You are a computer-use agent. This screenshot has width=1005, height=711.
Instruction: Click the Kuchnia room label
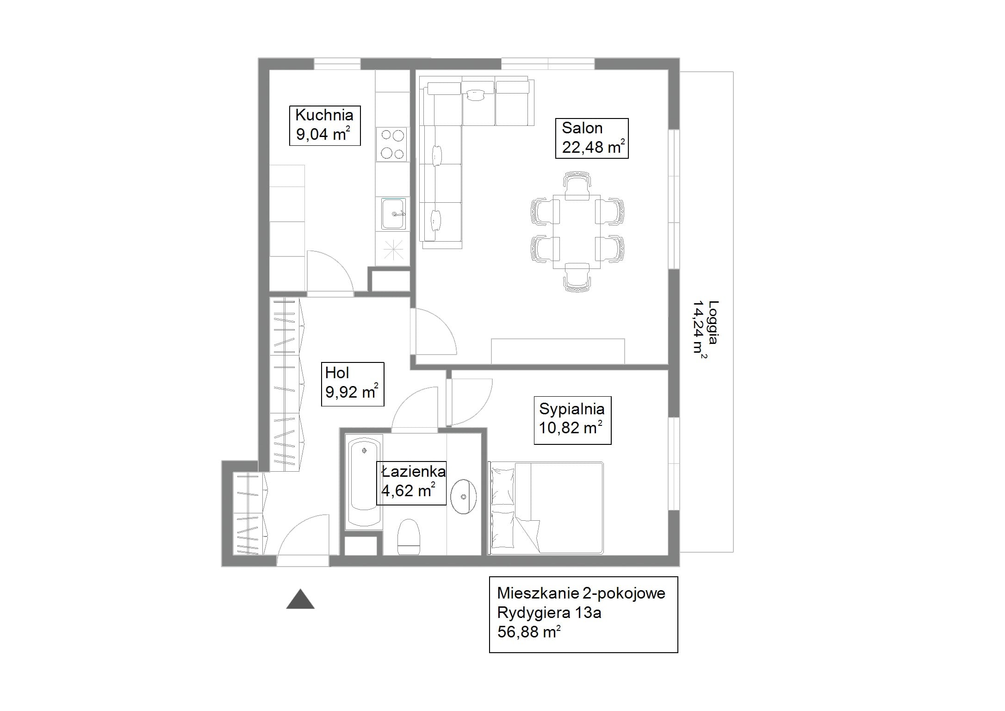point(325,125)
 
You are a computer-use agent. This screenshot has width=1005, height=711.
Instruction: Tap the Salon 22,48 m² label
point(592,138)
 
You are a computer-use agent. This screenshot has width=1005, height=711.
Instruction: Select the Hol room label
point(353,384)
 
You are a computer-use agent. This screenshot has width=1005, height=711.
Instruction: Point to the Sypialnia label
point(572,420)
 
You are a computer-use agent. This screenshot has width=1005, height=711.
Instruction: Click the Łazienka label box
point(411,483)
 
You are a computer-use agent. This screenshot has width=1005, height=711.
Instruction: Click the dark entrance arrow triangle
point(300,599)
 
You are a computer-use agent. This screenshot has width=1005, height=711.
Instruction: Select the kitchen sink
point(394,214)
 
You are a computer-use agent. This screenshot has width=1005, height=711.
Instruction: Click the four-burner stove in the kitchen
point(392,144)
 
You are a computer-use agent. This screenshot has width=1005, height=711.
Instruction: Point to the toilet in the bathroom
point(409,536)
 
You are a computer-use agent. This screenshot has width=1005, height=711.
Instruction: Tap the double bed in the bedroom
point(547,508)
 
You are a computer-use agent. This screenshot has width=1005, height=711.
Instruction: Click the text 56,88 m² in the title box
point(529,631)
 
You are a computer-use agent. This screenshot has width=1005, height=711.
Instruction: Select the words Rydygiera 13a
point(549,613)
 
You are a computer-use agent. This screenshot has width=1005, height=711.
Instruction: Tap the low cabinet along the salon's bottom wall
point(558,351)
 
